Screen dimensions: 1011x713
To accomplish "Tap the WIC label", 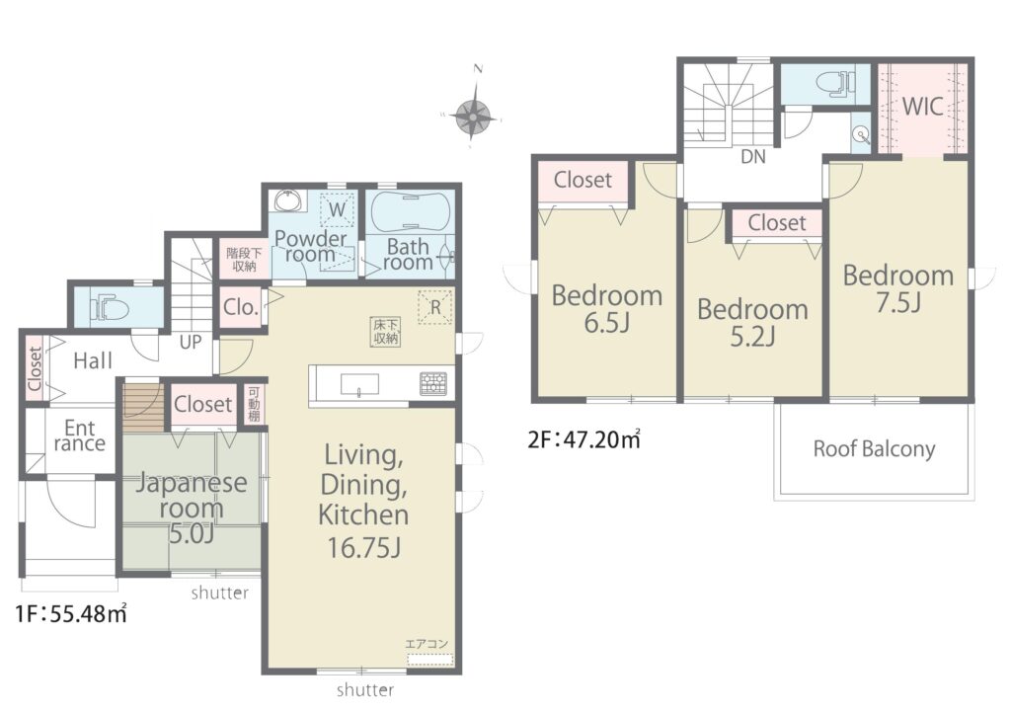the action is tap(923, 107).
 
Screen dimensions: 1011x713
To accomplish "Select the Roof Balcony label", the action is tap(874, 448).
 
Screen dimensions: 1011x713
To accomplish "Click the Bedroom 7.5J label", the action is tap(898, 288).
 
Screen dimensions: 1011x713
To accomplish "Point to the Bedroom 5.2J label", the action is tap(752, 322).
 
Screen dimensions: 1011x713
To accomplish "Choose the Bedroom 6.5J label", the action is tap(607, 308).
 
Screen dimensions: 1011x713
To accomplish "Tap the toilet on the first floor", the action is tap(110, 307).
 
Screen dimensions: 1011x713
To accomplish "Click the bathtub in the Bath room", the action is tap(410, 209).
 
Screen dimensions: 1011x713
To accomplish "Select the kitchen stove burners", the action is tap(433, 383).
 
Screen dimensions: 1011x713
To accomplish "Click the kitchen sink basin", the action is tap(359, 385).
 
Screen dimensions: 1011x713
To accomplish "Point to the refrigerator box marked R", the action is tap(435, 307).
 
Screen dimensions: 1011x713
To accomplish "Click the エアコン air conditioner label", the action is tap(427, 644).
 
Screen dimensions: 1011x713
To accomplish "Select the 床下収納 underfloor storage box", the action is tap(386, 332).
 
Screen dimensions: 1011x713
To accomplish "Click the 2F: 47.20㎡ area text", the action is tap(584, 439).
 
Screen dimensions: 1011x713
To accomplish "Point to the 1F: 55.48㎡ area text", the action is tap(71, 613).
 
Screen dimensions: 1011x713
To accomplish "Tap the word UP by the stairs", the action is tap(191, 342).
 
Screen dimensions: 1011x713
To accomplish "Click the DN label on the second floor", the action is tap(753, 157).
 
